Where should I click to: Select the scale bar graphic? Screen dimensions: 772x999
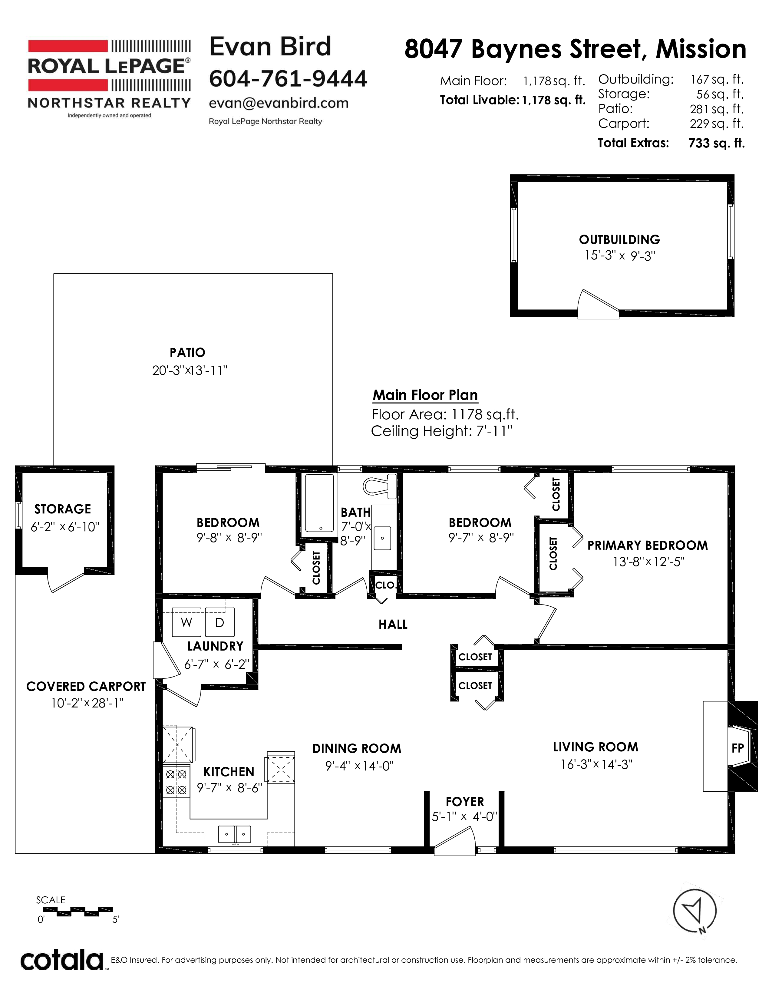click(78, 911)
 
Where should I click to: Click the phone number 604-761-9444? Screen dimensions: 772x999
click(288, 79)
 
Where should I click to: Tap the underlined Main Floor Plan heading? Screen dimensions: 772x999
click(425, 395)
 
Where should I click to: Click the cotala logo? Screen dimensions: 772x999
click(62, 960)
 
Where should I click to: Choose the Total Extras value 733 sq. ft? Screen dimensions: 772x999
click(717, 143)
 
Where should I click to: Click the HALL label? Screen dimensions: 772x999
click(393, 624)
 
